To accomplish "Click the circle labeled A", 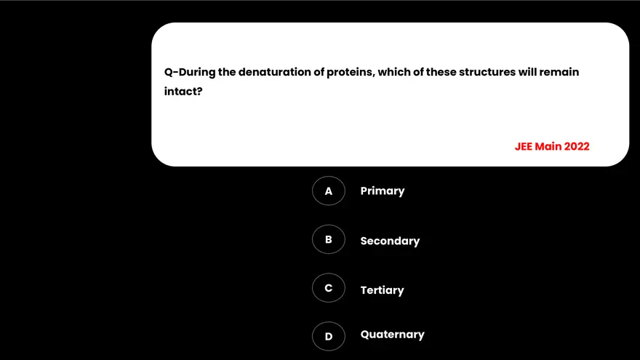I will pyautogui.click(x=329, y=191).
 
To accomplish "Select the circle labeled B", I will pyautogui.click(x=329, y=239).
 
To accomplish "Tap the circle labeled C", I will pyautogui.click(x=329, y=288).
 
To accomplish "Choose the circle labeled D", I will pyautogui.click(x=329, y=336).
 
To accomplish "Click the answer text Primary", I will pyautogui.click(x=382, y=191).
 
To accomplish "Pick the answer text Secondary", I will pyautogui.click(x=390, y=241).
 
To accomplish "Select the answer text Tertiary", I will pyautogui.click(x=382, y=290).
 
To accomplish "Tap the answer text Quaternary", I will pyautogui.click(x=392, y=335).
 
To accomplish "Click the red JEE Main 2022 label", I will pyautogui.click(x=552, y=146).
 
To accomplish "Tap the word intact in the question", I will pyautogui.click(x=183, y=92).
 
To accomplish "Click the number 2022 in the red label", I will pyautogui.click(x=576, y=146).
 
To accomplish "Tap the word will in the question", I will pyautogui.click(x=527, y=72).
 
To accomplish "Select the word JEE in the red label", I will pyautogui.click(x=524, y=146).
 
